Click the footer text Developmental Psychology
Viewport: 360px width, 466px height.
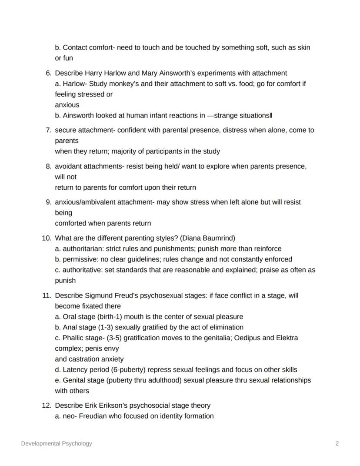[57, 443]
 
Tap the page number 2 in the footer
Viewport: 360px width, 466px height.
[337, 443]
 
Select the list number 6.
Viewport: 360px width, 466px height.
[49, 73]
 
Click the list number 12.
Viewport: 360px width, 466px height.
[47, 405]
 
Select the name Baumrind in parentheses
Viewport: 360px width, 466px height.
[220, 238]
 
